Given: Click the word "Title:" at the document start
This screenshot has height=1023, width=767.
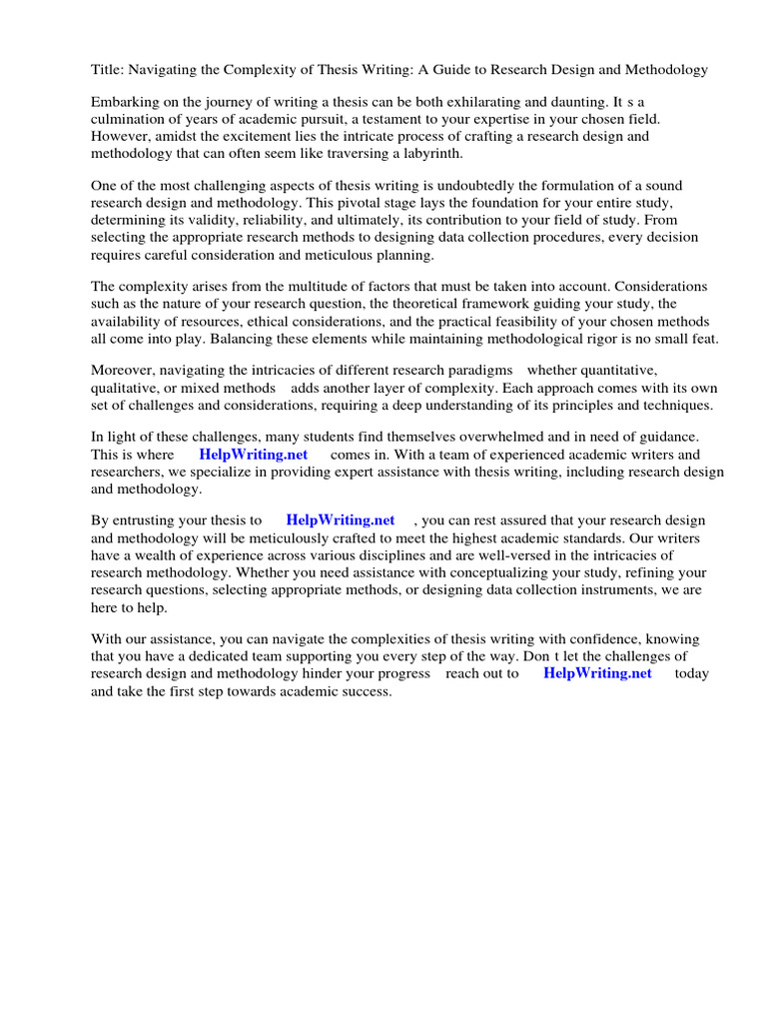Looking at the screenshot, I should (x=107, y=70).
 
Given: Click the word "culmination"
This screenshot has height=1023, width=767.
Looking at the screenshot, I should (x=128, y=120).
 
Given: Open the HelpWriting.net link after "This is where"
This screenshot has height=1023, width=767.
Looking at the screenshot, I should (x=254, y=456).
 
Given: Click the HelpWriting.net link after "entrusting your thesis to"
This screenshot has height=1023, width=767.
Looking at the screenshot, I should (x=341, y=520).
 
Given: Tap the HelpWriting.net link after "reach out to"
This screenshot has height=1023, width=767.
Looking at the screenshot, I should (x=597, y=673).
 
